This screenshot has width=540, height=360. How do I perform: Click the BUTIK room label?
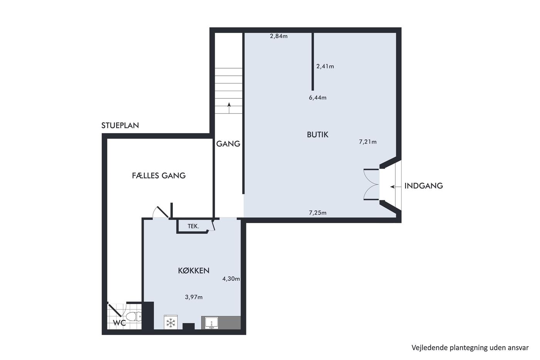click(x=317, y=135)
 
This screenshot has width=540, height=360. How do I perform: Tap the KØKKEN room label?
click(x=194, y=271)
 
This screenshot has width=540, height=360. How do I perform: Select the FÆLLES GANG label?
click(x=159, y=176)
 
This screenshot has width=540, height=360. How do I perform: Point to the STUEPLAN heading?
click(x=120, y=125)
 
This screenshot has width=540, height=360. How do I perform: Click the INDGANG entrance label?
click(x=424, y=186)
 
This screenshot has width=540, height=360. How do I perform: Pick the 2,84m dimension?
click(x=278, y=36)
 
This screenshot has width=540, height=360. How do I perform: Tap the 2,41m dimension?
click(x=325, y=66)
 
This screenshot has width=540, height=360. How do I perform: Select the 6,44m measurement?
click(x=318, y=98)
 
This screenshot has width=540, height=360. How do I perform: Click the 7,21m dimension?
click(x=368, y=142)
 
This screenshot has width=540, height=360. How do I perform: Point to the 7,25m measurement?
click(x=318, y=213)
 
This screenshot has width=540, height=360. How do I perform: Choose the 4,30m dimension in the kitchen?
click(x=231, y=279)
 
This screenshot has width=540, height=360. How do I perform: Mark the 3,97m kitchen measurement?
click(x=194, y=297)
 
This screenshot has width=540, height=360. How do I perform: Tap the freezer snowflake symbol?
click(x=170, y=323)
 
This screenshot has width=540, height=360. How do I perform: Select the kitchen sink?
click(x=211, y=323)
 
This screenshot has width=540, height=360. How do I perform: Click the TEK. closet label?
click(x=193, y=226)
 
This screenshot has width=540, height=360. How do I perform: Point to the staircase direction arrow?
click(x=229, y=108)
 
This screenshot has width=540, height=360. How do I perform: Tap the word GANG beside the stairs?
click(x=228, y=144)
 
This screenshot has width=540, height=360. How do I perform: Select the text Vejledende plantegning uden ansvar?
click(x=470, y=348)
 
